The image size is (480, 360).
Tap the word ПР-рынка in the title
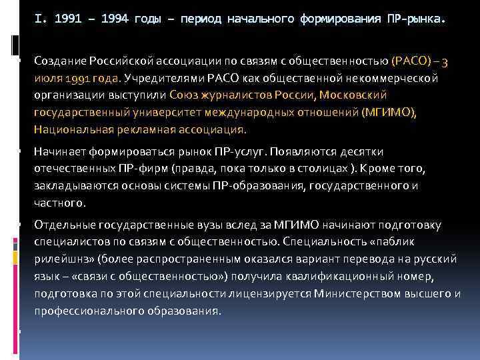coord(415,19)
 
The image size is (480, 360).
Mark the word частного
coord(59,203)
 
